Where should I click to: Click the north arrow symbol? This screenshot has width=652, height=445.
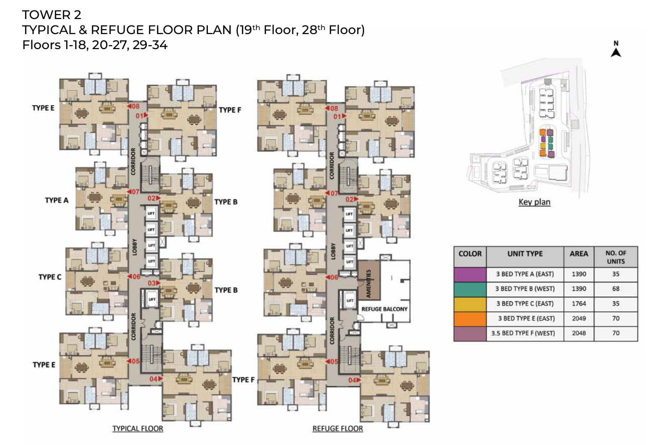(616, 53)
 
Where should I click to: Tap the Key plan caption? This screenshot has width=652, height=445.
(534, 202)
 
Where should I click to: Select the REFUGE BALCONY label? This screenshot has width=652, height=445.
(384, 309)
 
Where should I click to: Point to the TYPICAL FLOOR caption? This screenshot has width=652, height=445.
(138, 428)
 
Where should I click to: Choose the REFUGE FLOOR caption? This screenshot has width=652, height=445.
(338, 428)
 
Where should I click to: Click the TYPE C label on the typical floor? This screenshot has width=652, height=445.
(50, 277)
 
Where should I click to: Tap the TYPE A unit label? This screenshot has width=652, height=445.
(57, 200)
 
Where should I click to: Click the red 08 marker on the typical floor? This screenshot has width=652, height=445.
(133, 106)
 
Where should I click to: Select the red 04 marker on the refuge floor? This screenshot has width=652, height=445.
(355, 380)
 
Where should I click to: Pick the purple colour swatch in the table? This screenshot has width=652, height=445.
(470, 274)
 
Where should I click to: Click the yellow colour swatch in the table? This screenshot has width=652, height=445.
(470, 304)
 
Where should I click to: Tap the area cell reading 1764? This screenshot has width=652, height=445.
(579, 304)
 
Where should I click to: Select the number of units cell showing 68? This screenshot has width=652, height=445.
(615, 289)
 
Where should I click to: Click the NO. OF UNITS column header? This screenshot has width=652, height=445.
(615, 257)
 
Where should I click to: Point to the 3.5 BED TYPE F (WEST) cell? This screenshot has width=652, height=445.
(523, 333)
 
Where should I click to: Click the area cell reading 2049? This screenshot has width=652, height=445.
(579, 318)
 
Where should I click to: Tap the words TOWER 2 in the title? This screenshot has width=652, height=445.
(52, 15)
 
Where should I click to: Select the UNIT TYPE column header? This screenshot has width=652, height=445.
(525, 254)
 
